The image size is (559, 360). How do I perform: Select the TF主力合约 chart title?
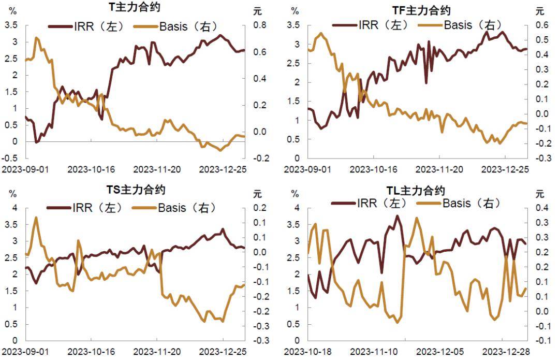pyautogui.click(x=421, y=10)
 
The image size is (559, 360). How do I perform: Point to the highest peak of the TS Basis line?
pyautogui.click(x=36, y=218)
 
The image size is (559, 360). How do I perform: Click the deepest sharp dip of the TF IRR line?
pyautogui.click(x=426, y=82)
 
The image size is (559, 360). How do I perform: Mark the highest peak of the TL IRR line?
pyautogui.click(x=398, y=216)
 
